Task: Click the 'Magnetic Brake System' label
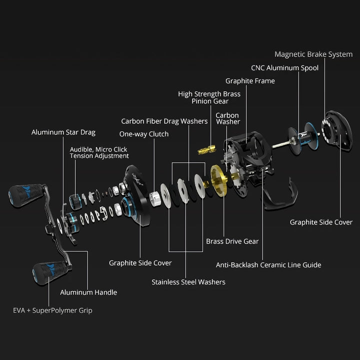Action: pos(313,54)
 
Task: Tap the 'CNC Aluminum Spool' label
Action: pos(284,68)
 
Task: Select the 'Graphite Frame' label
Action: pos(250,81)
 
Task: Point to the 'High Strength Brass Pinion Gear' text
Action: pos(209,97)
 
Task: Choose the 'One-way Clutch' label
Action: pos(144,134)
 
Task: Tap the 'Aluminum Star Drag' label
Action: pos(63,132)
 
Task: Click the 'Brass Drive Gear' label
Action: pos(232,241)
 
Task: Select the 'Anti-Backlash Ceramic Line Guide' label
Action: pos(268,265)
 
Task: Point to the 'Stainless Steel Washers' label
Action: pos(188,282)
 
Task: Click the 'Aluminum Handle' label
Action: pos(88,292)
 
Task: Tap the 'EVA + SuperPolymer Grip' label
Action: pos(52,310)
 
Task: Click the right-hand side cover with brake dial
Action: pos(334,131)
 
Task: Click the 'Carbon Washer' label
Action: pos(227,118)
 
